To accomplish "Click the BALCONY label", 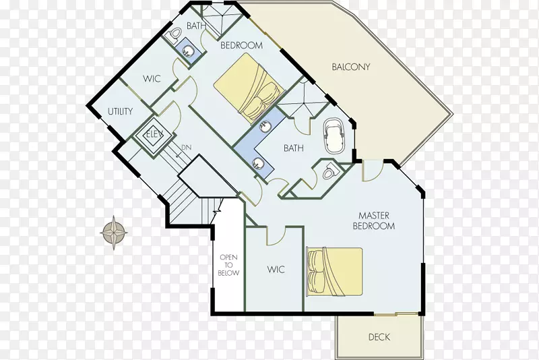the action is [x=350, y=67].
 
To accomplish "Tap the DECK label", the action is [x=379, y=337].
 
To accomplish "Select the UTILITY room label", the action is [x=121, y=111].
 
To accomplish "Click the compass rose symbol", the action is [x=114, y=233].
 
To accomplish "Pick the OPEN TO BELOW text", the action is [x=228, y=265].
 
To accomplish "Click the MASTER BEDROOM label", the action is [x=374, y=220].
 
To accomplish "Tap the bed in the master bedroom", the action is [x=335, y=272].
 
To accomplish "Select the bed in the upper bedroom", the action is [x=249, y=89].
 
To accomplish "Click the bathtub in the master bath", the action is [x=334, y=136].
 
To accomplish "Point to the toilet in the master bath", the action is [x=331, y=170].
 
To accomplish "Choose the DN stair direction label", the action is [x=187, y=148].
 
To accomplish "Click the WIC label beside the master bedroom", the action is [x=276, y=270].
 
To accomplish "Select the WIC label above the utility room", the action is [x=152, y=79].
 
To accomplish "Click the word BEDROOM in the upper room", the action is [x=241, y=45].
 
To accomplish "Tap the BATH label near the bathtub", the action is [x=294, y=148].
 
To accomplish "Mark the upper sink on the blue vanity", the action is [x=265, y=127].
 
